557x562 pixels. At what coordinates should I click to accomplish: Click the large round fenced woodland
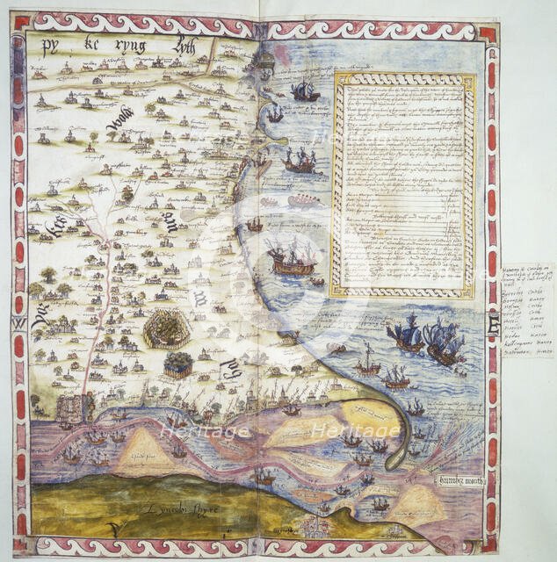coord(168,328)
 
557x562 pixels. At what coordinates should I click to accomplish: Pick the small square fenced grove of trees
coord(178,364)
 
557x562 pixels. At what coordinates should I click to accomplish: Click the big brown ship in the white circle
coord(293,256)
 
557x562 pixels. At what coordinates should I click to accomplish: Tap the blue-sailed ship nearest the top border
coord(305,91)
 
